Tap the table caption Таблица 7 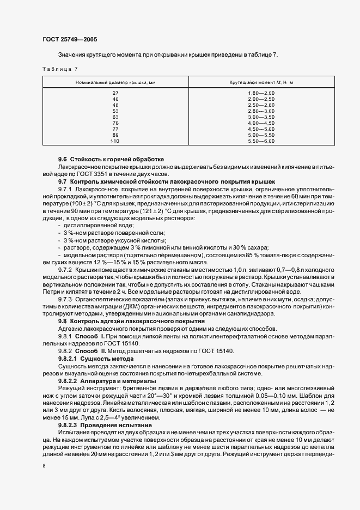click(x=60, y=69)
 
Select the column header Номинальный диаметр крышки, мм click(x=115, y=82)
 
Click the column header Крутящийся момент click(x=261, y=82)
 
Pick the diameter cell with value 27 click(x=115, y=93)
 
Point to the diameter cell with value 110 click(x=115, y=141)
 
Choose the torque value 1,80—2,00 click(x=261, y=93)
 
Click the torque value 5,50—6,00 click(x=261, y=141)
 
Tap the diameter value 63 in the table click(x=115, y=117)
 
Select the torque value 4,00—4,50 click(x=261, y=123)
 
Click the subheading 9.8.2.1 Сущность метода click(x=96, y=359)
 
